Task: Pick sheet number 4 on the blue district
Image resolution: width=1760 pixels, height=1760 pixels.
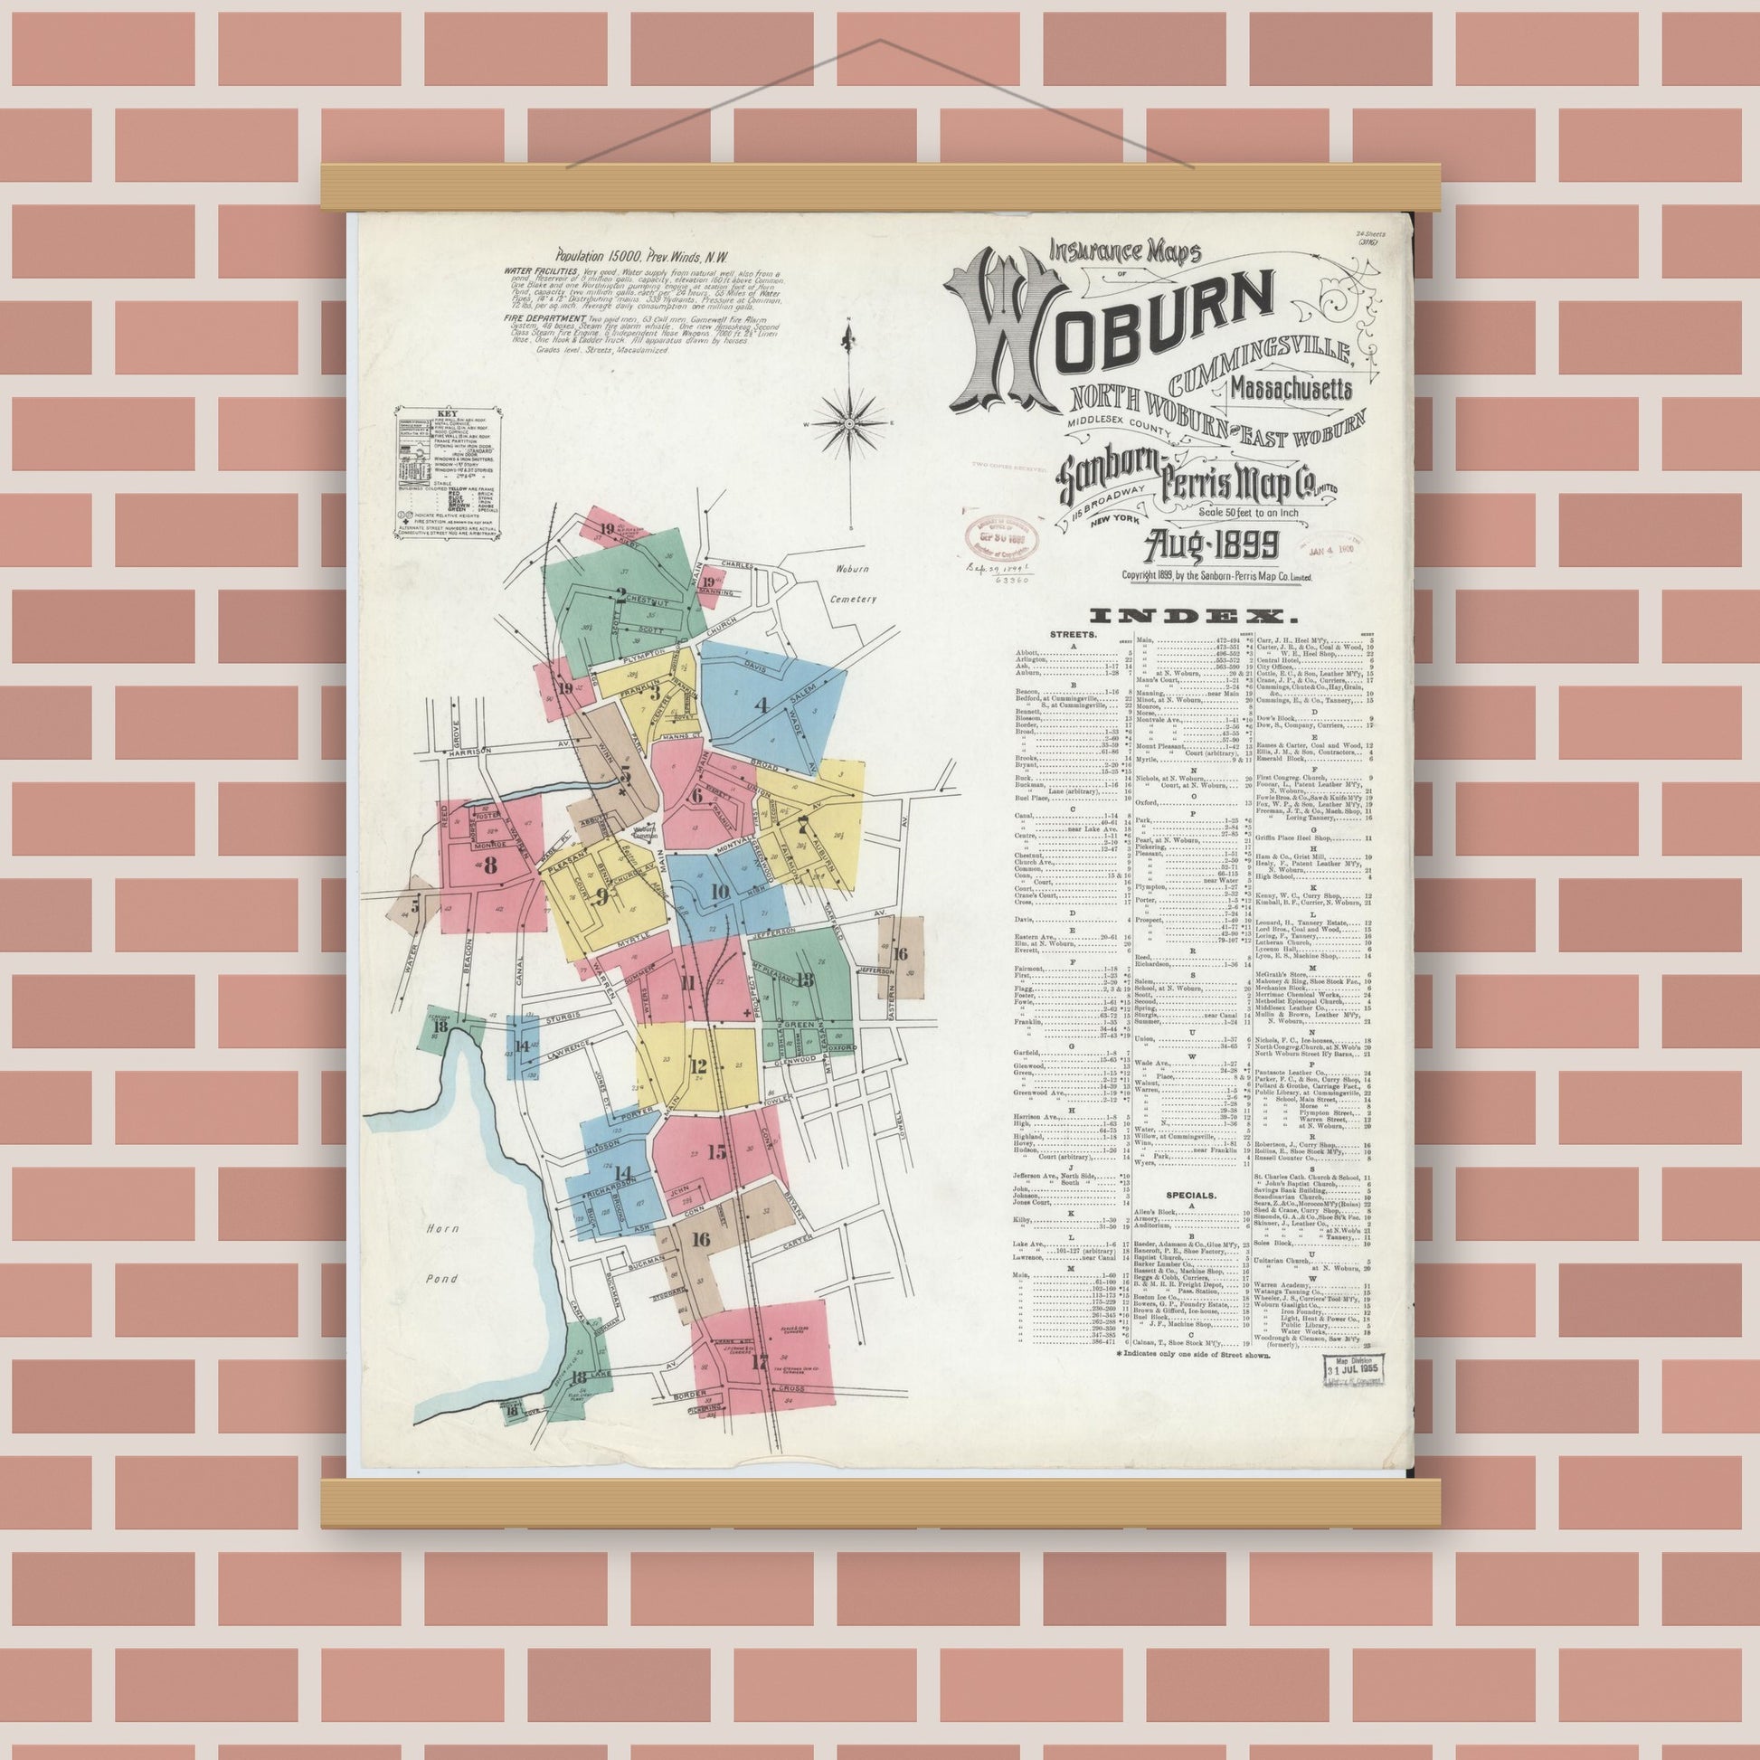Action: click(x=762, y=705)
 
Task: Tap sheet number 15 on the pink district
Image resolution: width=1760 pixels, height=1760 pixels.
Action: click(x=717, y=1152)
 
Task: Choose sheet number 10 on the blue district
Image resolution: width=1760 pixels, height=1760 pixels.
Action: click(x=720, y=892)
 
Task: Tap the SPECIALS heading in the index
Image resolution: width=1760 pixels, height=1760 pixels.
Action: click(x=1191, y=1193)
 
